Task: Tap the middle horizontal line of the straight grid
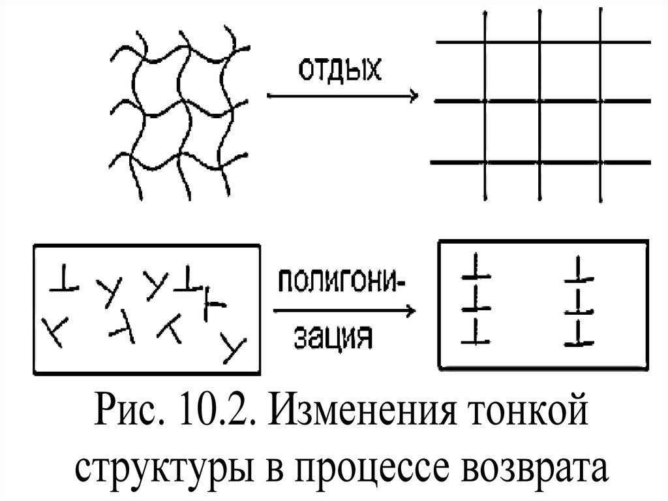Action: [x=541, y=101]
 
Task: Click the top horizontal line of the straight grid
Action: [x=541, y=42]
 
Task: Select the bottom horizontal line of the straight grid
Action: [x=541, y=161]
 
